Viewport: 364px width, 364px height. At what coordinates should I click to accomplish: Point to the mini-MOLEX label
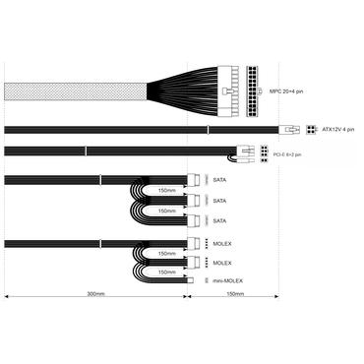(x=227, y=280)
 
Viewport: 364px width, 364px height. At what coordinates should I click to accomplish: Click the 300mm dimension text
(x=95, y=293)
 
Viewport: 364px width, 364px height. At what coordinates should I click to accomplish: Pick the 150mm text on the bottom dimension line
(x=235, y=293)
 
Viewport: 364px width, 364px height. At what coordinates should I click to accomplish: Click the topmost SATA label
(x=219, y=182)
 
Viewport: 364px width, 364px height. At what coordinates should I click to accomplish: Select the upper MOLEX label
(x=222, y=244)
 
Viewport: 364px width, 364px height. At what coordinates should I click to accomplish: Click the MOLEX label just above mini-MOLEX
(x=222, y=263)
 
